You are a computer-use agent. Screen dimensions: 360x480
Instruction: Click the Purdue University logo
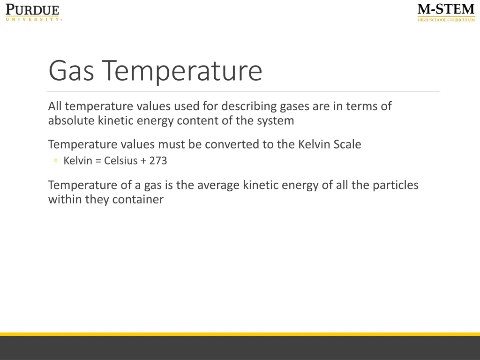(33, 12)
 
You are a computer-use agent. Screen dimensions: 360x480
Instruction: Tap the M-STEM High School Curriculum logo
(446, 12)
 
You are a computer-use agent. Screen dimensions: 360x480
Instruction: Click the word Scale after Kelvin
(347, 144)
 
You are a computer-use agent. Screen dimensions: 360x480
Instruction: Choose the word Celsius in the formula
(120, 161)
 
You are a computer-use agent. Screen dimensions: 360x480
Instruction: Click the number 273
(158, 161)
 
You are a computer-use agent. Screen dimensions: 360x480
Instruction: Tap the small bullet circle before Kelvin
(56, 161)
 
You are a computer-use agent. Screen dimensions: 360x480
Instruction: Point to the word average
(218, 185)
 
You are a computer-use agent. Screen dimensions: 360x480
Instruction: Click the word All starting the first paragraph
(55, 106)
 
